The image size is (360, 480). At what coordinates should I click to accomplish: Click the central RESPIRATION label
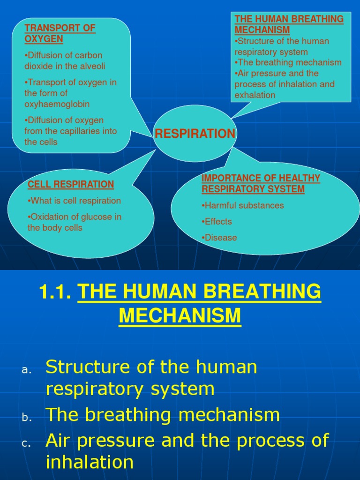[x=195, y=134]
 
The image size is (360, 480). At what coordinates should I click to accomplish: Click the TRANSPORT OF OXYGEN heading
[x=60, y=33]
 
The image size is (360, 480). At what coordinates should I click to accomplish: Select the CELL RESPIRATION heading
[x=71, y=184]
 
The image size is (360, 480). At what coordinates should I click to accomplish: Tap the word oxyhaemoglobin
[x=57, y=104]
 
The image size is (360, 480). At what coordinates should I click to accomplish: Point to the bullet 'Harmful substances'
[x=243, y=205]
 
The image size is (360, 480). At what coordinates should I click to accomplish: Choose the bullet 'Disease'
[x=219, y=238]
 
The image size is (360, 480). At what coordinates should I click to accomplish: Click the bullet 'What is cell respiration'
[x=75, y=201]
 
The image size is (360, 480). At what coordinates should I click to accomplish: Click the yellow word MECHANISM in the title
[x=180, y=315]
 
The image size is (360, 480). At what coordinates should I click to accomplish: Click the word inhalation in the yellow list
[x=90, y=462]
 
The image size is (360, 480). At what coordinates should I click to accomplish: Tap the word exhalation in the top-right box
[x=255, y=95]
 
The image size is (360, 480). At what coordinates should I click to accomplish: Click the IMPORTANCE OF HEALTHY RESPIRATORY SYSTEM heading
[x=261, y=184]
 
